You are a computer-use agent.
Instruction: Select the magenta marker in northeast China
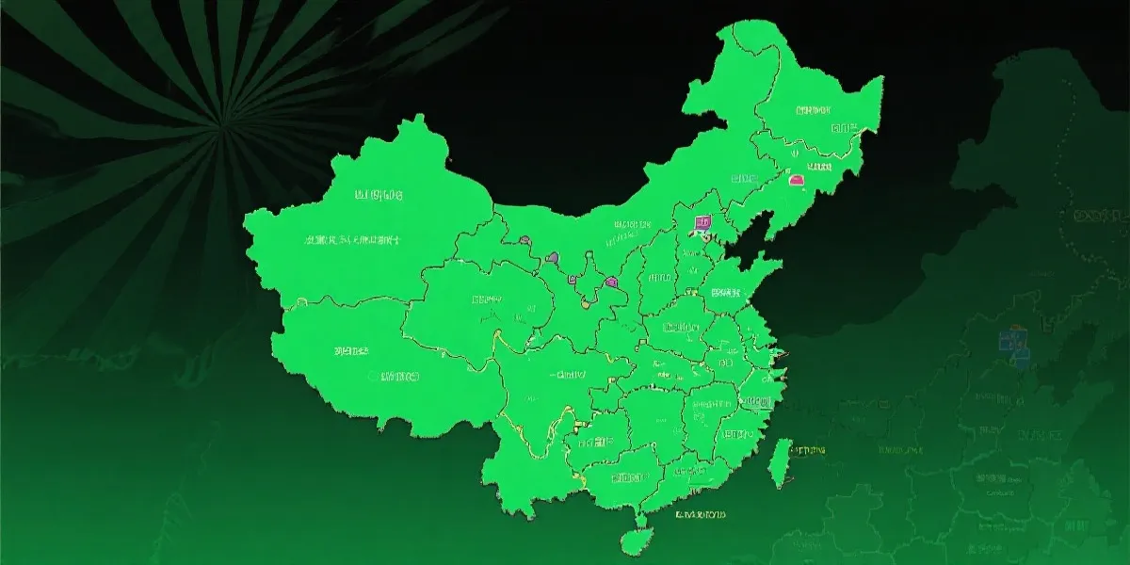(796, 179)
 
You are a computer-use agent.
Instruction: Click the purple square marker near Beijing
(702, 223)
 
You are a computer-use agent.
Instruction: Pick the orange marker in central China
(585, 303)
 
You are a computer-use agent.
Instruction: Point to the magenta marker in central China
(612, 281)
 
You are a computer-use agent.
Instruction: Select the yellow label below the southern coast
(701, 515)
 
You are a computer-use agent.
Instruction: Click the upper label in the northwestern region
(378, 196)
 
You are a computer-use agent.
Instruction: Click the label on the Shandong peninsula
(727, 293)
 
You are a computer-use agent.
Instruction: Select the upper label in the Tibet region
(351, 350)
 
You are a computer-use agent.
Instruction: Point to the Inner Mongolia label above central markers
(632, 226)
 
